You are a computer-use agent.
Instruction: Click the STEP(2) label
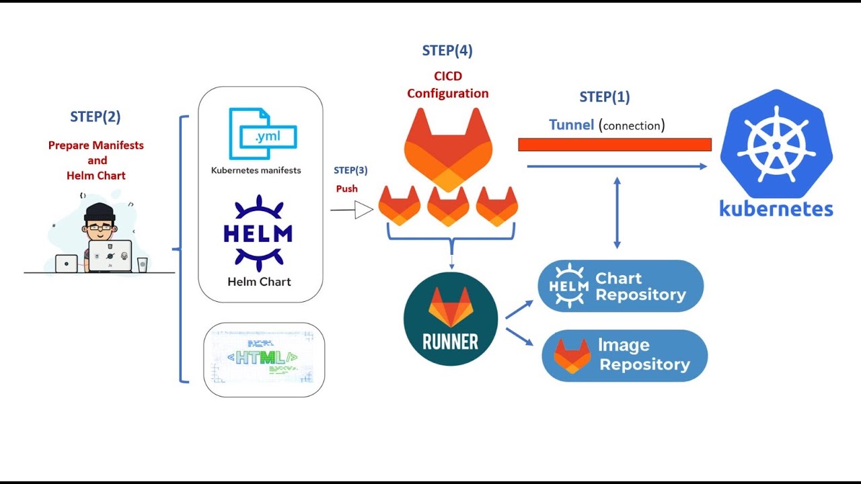96,116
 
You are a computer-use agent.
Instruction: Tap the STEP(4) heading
447,50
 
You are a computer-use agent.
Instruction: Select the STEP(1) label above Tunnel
605,97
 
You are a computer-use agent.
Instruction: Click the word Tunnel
571,124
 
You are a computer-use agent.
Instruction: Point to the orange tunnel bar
614,145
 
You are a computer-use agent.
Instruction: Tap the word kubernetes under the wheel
776,208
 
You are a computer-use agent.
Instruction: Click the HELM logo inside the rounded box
258,233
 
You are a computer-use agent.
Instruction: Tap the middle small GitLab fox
448,206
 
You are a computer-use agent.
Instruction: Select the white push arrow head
363,210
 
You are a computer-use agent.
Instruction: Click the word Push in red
347,189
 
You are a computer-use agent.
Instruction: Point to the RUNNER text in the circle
450,341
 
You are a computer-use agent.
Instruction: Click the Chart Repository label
640,286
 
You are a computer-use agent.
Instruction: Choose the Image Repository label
644,355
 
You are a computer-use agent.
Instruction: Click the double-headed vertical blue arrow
617,212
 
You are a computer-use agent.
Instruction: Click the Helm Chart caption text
259,282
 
